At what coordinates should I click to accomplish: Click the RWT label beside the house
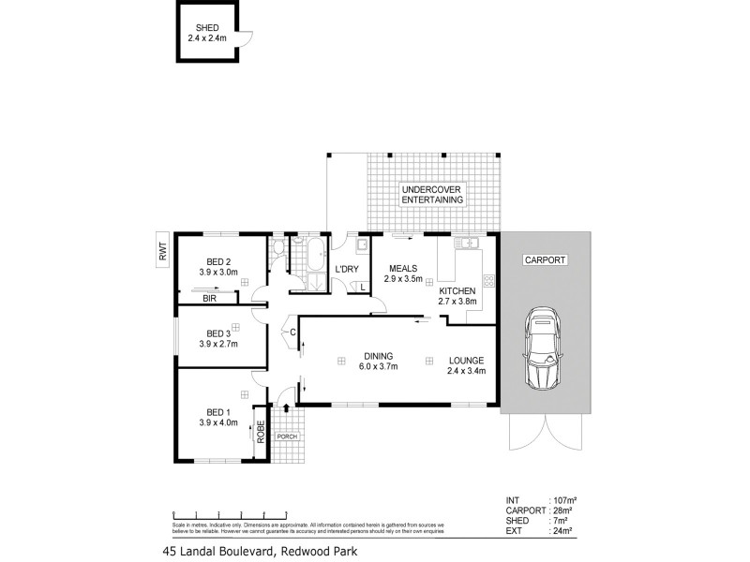(x=162, y=250)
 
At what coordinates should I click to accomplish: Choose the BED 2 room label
(x=218, y=261)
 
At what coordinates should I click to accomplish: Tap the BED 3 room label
(x=218, y=333)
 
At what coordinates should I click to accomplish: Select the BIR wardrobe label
(x=211, y=297)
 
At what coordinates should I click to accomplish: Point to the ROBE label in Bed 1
(x=262, y=433)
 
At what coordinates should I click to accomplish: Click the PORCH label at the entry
(x=286, y=436)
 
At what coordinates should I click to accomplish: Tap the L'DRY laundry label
(x=347, y=271)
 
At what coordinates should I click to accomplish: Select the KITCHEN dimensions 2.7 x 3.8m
(x=458, y=303)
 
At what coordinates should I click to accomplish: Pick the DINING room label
(x=380, y=356)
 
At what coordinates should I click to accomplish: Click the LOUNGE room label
(x=466, y=359)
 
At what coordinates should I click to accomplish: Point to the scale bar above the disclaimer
(x=230, y=514)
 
